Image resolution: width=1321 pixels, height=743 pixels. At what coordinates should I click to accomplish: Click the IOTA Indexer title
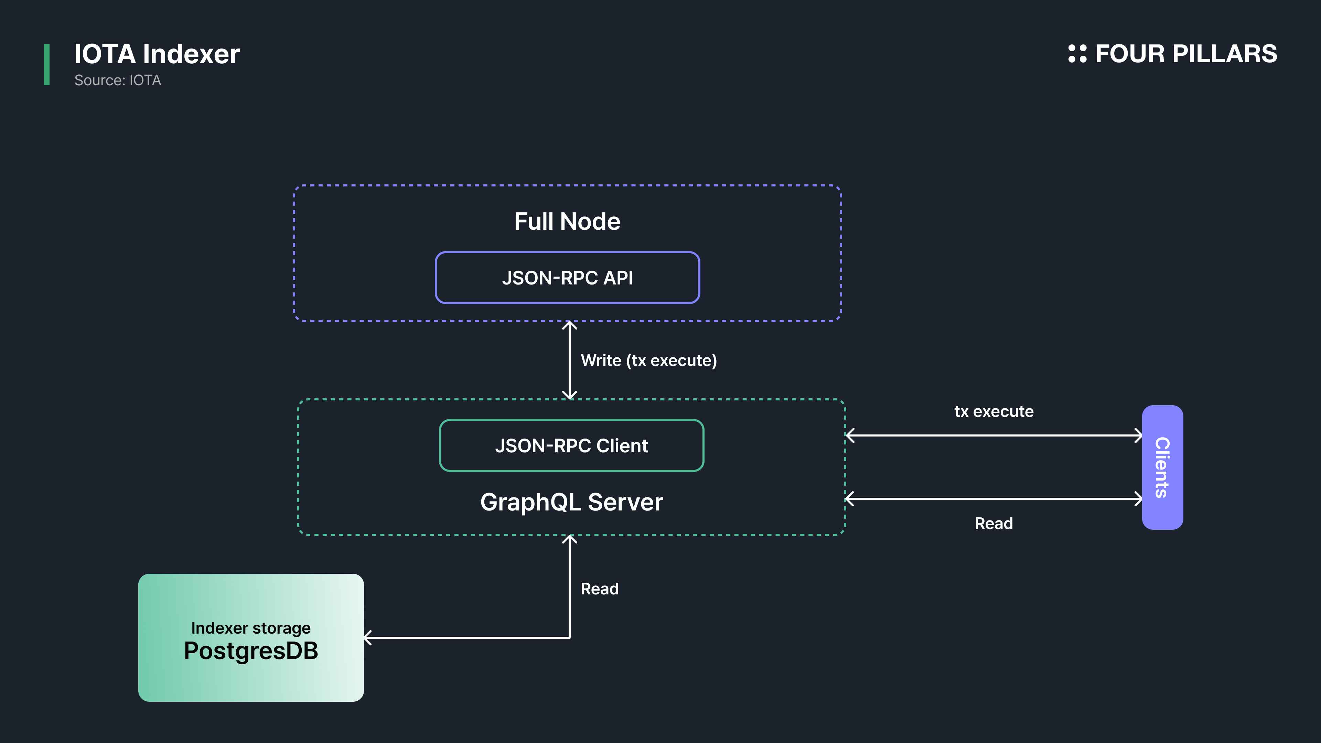click(x=157, y=54)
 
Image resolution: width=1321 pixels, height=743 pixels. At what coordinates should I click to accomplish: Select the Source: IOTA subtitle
click(x=117, y=80)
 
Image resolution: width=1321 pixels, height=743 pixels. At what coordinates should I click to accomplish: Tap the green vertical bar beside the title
click(x=47, y=65)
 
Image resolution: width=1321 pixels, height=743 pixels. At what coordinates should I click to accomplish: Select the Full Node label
click(x=567, y=222)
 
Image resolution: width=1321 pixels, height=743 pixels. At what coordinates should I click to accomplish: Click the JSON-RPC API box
click(x=567, y=277)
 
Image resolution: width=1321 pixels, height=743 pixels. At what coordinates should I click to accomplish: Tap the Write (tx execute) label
click(x=649, y=360)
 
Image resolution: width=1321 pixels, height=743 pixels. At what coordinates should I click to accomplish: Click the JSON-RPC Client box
click(x=571, y=445)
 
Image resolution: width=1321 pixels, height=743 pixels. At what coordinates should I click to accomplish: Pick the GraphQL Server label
click(x=571, y=502)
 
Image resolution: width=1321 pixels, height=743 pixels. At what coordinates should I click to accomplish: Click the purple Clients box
click(x=1162, y=467)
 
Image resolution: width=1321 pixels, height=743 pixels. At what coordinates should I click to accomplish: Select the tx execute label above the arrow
click(x=994, y=411)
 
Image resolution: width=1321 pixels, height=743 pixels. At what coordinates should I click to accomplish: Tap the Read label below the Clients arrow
click(x=994, y=524)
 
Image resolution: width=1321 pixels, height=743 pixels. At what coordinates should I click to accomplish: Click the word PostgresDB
click(x=251, y=651)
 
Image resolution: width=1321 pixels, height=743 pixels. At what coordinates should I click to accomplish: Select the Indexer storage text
click(x=251, y=628)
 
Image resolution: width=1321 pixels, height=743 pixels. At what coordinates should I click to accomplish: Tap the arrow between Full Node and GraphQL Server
click(x=570, y=360)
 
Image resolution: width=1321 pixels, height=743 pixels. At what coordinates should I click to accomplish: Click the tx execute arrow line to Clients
click(x=994, y=435)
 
